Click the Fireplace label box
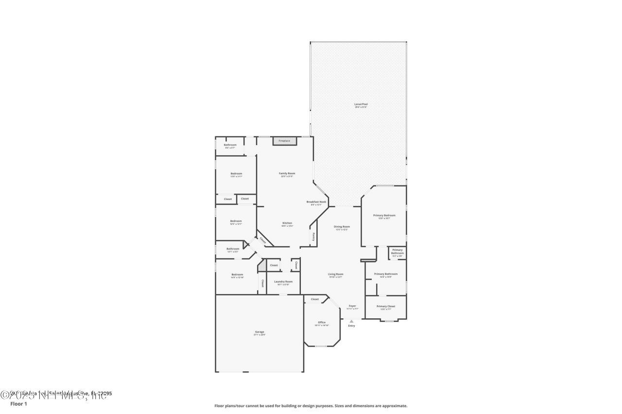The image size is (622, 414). pos(284,141)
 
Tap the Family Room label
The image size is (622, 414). pos(287,173)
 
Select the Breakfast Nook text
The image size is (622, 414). pos(316,201)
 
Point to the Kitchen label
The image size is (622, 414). pos(287,223)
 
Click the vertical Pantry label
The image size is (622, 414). pos(313,237)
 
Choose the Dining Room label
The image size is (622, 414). pos(342,227)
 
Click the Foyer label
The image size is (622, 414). pos(352,306)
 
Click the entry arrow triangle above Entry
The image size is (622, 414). pos(351,321)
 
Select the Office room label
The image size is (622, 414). pos(322,322)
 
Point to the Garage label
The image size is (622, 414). pos(259,332)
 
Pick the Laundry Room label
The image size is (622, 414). pos(283,282)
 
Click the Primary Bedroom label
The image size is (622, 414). pos(384,215)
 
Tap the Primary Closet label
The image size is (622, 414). pos(386,306)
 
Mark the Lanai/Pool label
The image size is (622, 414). pos(360,104)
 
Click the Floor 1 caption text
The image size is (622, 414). pos(18,403)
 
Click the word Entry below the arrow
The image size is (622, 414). pos(351,326)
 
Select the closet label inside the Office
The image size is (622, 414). pos(315,299)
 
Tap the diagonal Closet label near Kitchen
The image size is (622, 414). pos(263,240)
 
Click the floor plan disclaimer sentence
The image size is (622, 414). pos(311,406)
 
